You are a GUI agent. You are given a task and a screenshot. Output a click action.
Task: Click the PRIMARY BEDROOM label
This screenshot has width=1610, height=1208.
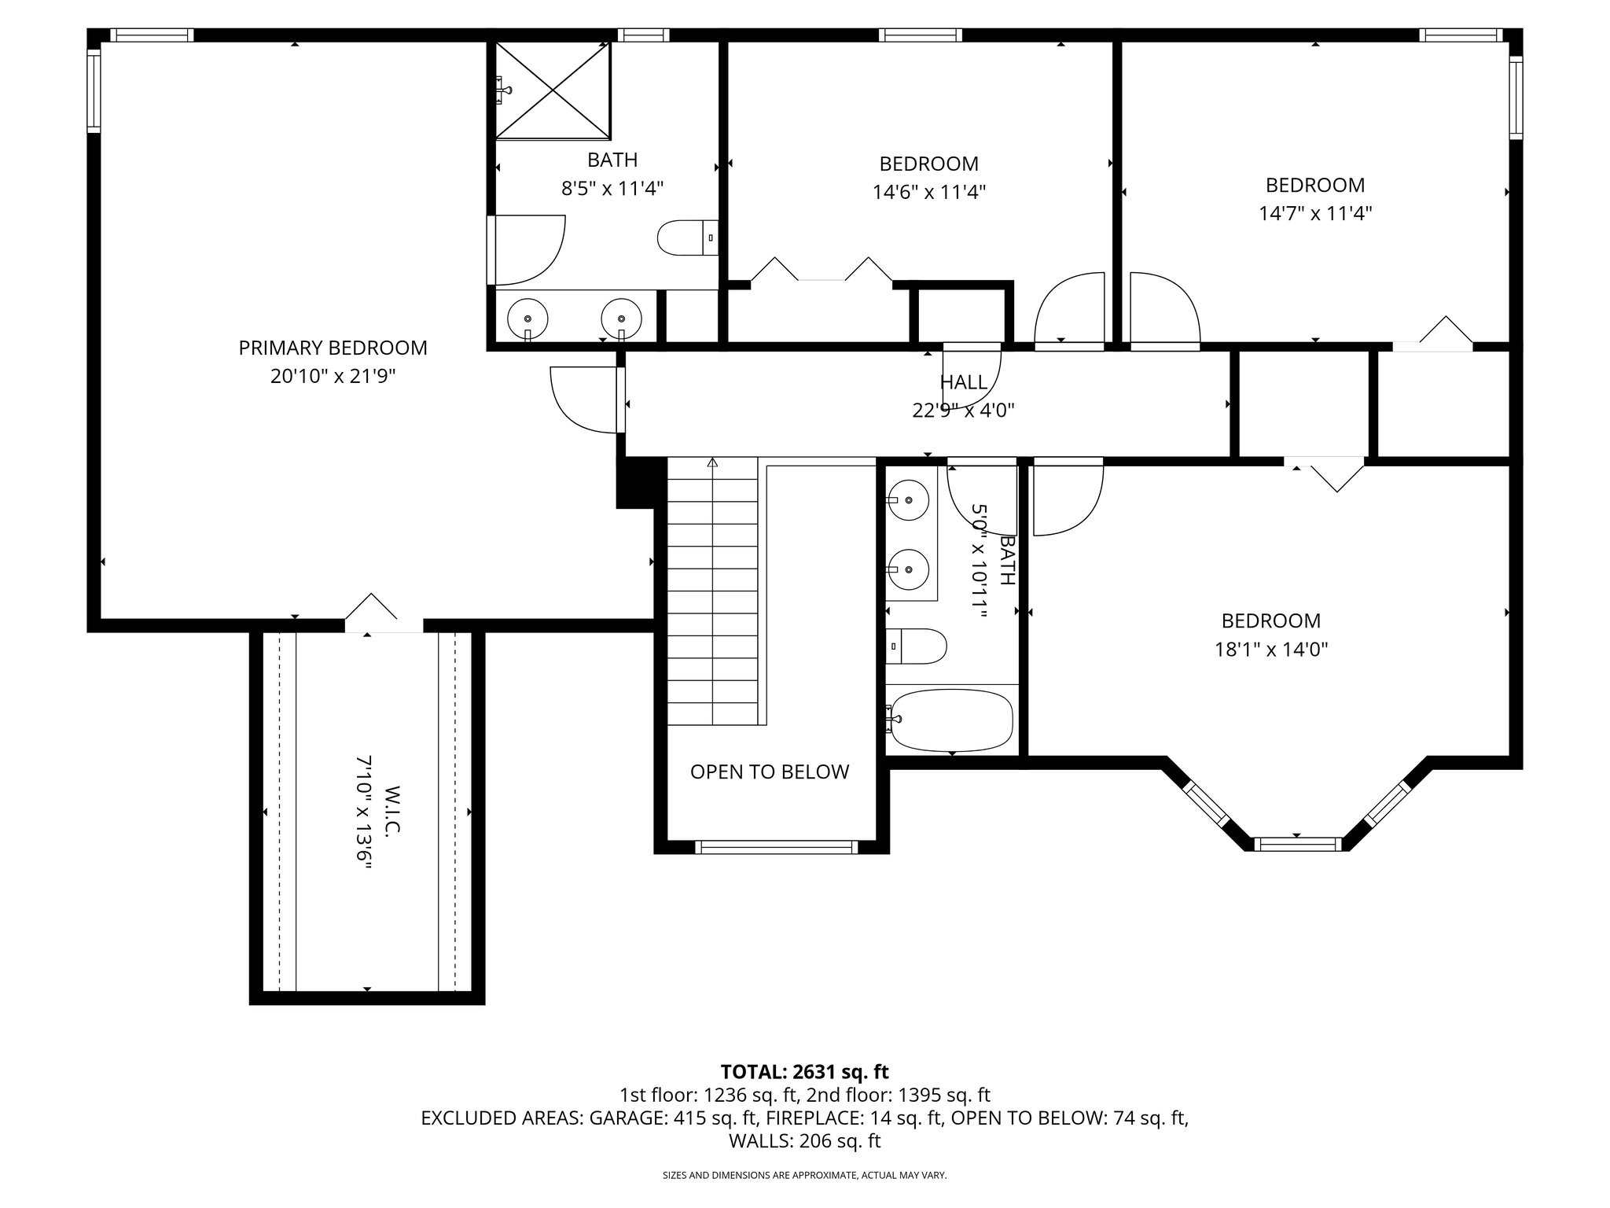pyautogui.click(x=333, y=348)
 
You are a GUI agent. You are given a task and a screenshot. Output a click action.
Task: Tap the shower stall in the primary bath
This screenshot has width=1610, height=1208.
pyautogui.click(x=553, y=90)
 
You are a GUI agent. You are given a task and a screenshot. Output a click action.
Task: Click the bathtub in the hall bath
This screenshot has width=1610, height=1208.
pyautogui.click(x=950, y=720)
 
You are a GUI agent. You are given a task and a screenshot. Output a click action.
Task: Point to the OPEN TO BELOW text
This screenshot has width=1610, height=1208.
pyautogui.click(x=770, y=772)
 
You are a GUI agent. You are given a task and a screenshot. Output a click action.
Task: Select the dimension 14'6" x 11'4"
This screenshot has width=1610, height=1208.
pyautogui.click(x=928, y=192)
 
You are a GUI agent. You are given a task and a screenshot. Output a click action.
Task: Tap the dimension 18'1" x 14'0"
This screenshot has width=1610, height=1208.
pyautogui.click(x=1270, y=649)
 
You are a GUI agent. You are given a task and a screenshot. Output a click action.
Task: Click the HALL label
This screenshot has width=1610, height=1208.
pyautogui.click(x=963, y=382)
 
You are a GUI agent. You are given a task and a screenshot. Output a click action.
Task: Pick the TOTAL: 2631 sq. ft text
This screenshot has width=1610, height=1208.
pyautogui.click(x=804, y=1071)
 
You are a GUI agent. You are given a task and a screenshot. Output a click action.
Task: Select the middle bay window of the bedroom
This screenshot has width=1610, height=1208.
pyautogui.click(x=1296, y=844)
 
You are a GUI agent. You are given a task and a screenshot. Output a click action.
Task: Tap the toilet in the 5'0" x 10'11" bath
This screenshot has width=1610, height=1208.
pyautogui.click(x=915, y=646)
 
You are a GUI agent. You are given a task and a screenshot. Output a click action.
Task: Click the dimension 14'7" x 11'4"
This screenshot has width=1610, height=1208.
pyautogui.click(x=1315, y=213)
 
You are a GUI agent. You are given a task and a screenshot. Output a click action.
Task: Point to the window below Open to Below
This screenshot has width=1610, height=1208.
pyautogui.click(x=776, y=847)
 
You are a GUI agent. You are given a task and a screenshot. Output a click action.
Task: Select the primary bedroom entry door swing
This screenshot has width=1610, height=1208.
pyautogui.click(x=582, y=400)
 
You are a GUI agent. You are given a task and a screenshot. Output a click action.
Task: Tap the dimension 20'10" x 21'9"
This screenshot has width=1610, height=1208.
pyautogui.click(x=333, y=376)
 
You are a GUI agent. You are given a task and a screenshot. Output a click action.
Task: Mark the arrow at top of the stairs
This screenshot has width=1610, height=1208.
pyautogui.click(x=712, y=463)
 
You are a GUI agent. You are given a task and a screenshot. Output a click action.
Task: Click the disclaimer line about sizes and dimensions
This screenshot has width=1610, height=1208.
pyautogui.click(x=804, y=1175)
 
